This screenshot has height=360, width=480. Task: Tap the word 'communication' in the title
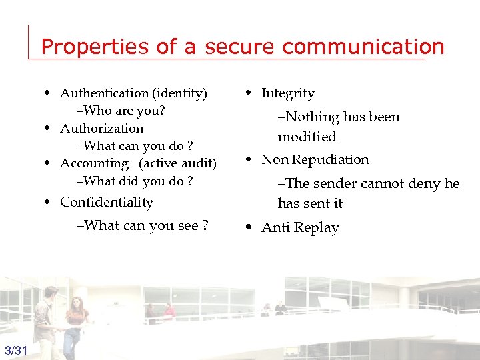tap(363, 47)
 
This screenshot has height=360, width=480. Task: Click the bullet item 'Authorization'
tap(101, 128)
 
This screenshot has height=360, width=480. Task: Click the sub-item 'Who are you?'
tap(121, 111)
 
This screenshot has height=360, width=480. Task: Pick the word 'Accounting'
tap(94, 163)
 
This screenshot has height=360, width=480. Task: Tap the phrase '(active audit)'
tap(177, 163)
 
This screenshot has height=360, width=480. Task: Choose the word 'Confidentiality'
tap(107, 202)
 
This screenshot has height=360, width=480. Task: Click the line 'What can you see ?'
tap(143, 225)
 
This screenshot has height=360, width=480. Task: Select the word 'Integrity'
tap(288, 93)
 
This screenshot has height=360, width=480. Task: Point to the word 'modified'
tap(307, 137)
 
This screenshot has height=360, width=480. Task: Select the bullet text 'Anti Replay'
tap(300, 227)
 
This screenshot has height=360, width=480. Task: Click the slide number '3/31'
tap(16, 351)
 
